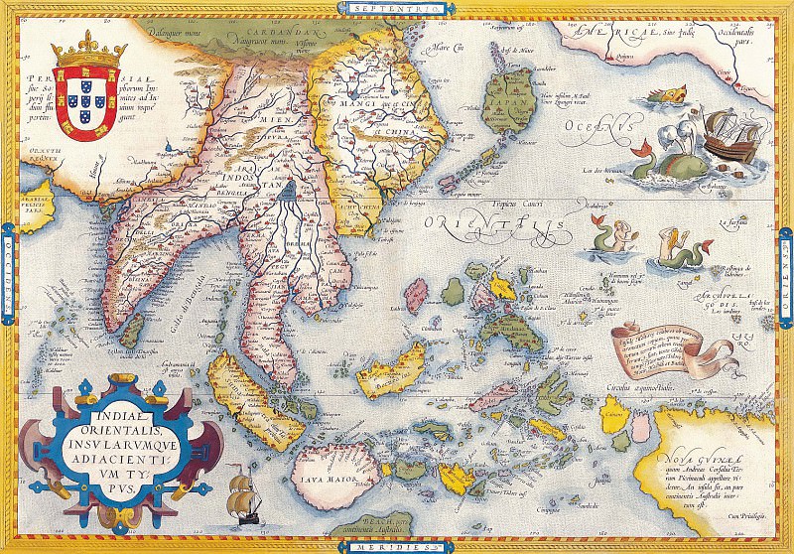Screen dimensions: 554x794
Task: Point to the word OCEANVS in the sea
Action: (595, 127)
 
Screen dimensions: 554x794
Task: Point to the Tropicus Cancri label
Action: (520, 203)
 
